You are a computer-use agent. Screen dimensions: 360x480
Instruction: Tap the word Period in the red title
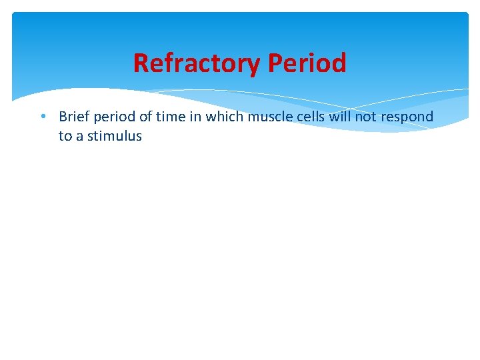click(307, 63)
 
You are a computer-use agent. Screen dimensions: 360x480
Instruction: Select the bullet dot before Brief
click(43, 117)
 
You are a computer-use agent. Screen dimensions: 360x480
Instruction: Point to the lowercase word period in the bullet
click(115, 117)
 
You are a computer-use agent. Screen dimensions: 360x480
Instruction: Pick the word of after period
click(147, 117)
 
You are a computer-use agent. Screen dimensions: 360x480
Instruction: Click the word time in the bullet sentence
click(171, 117)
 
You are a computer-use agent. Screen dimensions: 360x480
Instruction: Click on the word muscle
click(267, 117)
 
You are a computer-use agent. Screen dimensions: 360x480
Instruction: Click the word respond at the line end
click(407, 117)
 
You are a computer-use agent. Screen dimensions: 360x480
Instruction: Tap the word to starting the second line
click(65, 137)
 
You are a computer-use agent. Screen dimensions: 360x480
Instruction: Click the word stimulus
click(115, 137)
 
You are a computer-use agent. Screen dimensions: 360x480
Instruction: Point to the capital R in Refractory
click(140, 63)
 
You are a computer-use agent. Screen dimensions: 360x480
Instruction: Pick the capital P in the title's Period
click(275, 63)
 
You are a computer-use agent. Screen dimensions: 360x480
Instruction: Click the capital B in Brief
click(63, 117)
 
